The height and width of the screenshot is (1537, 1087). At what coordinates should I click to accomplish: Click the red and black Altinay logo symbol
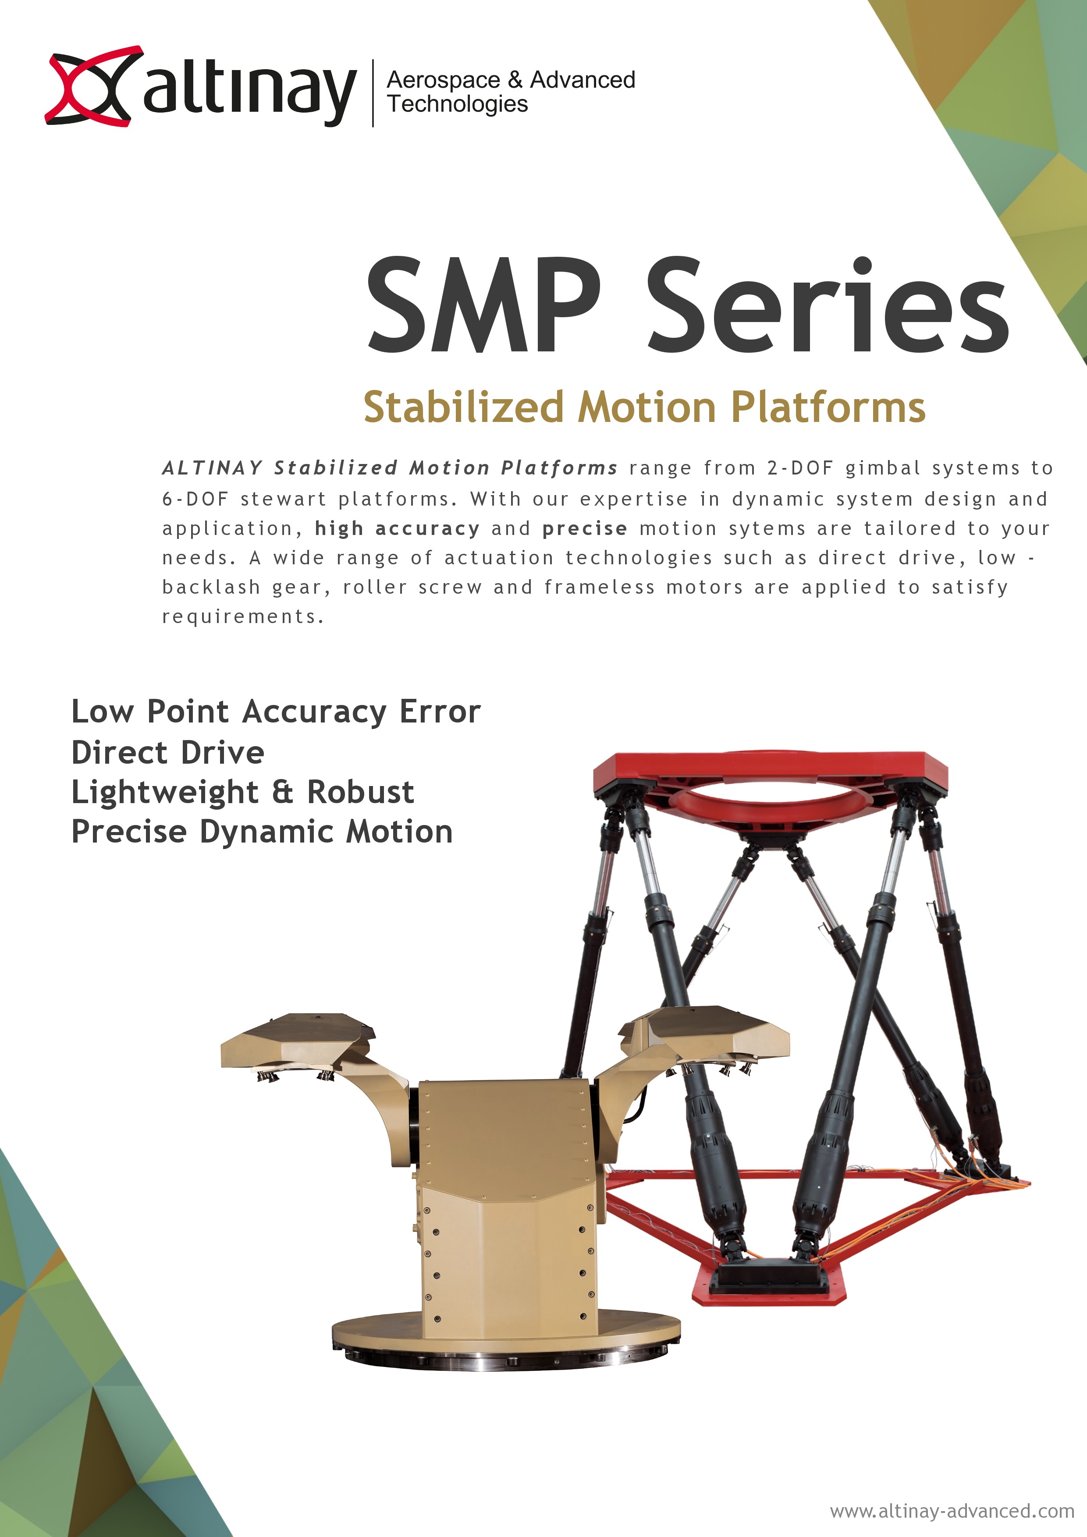coord(94,86)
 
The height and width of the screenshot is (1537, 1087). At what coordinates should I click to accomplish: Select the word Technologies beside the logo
coord(458,104)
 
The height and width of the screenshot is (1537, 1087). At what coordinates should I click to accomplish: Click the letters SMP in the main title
coord(485,305)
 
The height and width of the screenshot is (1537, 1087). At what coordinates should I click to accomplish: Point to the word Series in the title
coord(828,305)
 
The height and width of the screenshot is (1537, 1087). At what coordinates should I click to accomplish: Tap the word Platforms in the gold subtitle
coord(828,407)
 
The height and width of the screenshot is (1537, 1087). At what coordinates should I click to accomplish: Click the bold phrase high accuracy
coord(397,529)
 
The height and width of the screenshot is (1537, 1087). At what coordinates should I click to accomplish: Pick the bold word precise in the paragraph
coord(585,529)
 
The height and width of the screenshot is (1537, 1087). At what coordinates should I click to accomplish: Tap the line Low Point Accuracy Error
coord(276,712)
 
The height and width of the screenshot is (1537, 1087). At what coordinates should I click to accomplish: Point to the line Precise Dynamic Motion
coord(262,832)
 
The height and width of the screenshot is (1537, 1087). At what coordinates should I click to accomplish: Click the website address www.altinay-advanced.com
coord(952,1511)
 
